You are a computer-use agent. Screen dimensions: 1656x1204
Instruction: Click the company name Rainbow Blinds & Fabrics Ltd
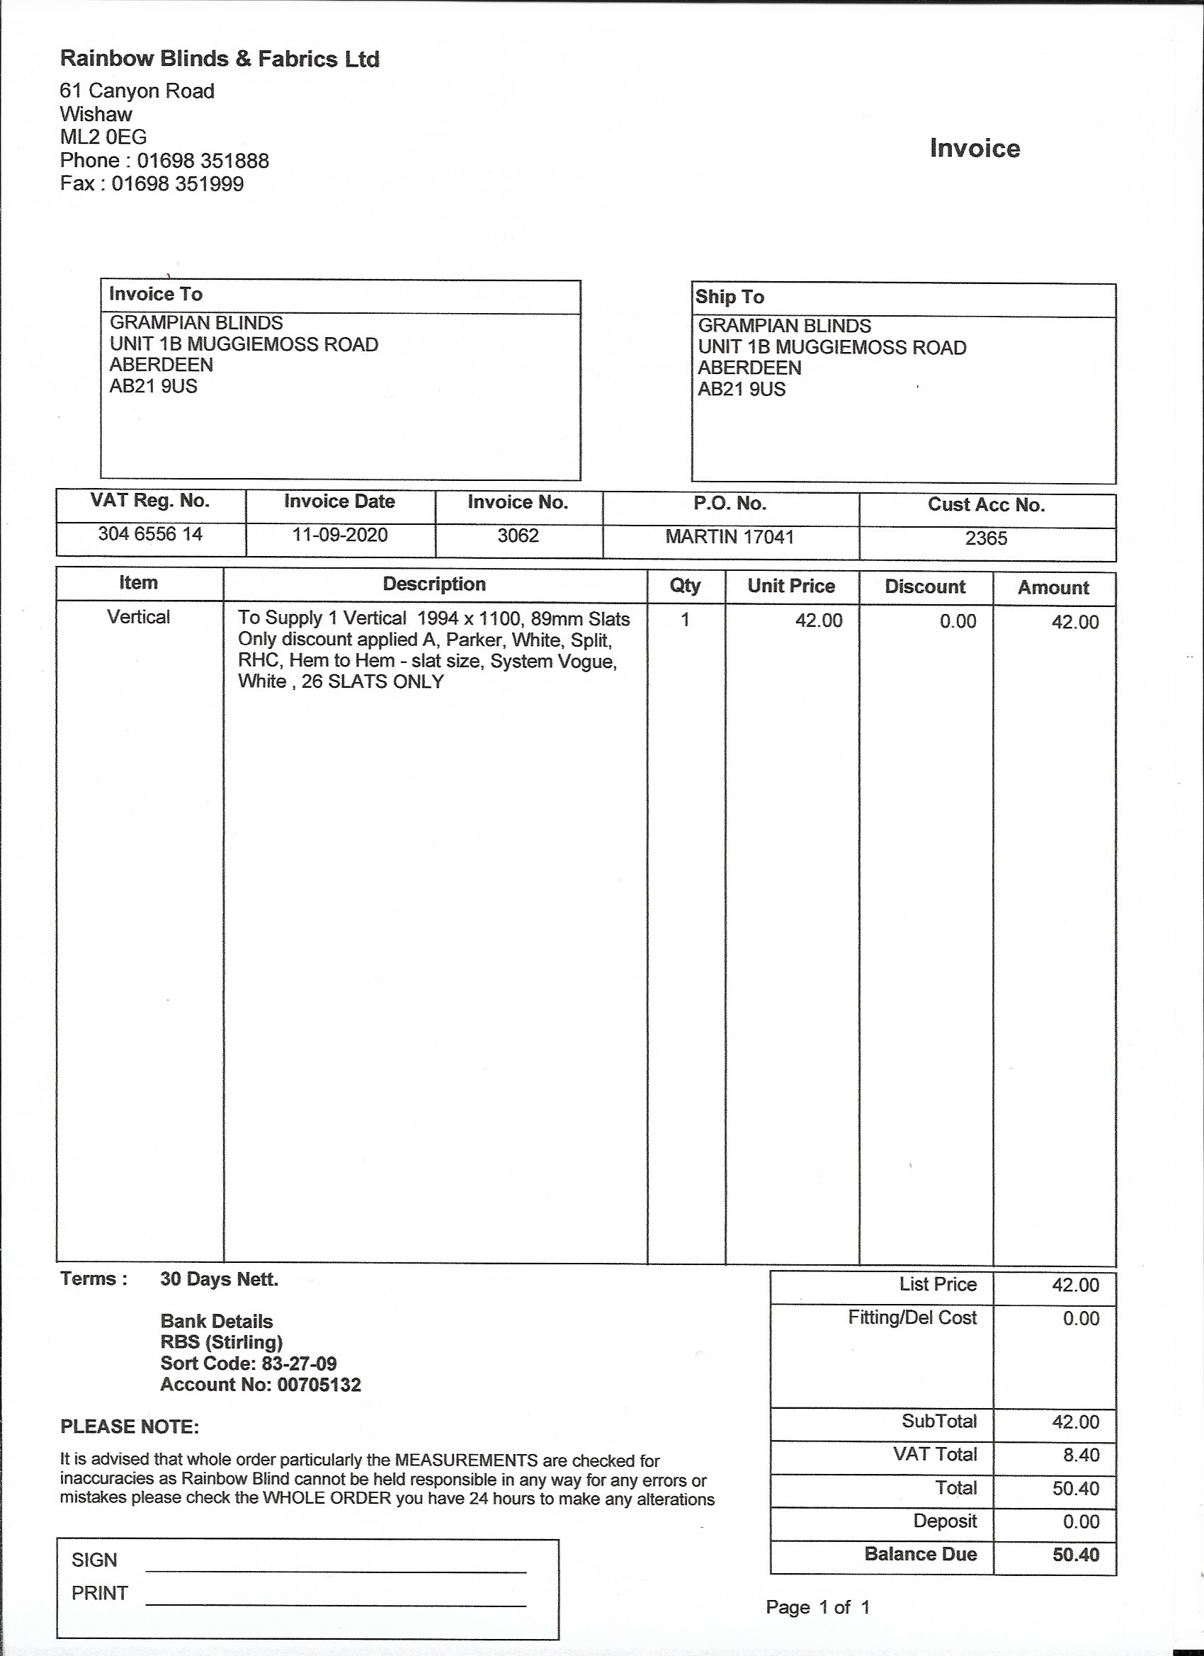click(220, 59)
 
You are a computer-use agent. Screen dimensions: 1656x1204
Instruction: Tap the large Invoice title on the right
click(974, 148)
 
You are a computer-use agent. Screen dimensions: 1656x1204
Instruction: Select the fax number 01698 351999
click(178, 183)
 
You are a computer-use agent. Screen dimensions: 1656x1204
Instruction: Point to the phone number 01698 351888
click(203, 161)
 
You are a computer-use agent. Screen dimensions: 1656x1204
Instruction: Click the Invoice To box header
click(156, 294)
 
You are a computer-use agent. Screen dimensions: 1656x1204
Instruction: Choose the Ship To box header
click(729, 297)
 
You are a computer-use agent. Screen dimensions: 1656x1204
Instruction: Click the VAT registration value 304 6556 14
click(150, 535)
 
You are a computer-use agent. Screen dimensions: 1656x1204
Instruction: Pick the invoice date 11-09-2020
click(339, 535)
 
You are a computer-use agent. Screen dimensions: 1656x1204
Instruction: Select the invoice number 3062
click(518, 536)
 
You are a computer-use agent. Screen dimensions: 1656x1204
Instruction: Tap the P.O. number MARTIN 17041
click(729, 538)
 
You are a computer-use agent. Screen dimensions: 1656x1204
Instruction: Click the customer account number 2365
click(986, 539)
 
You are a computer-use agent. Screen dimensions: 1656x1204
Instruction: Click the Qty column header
click(685, 586)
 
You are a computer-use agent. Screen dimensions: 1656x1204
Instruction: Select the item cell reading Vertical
click(138, 618)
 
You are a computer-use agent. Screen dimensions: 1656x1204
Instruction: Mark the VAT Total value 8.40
click(1081, 1456)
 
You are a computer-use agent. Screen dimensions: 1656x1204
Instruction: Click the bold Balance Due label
click(920, 1554)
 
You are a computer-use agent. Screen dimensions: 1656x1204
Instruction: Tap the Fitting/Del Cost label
click(912, 1317)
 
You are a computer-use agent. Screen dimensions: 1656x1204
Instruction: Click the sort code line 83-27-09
click(249, 1363)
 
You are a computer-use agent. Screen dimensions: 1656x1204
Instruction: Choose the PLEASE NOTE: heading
click(129, 1427)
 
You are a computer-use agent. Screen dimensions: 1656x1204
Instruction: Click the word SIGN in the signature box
click(94, 1560)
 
